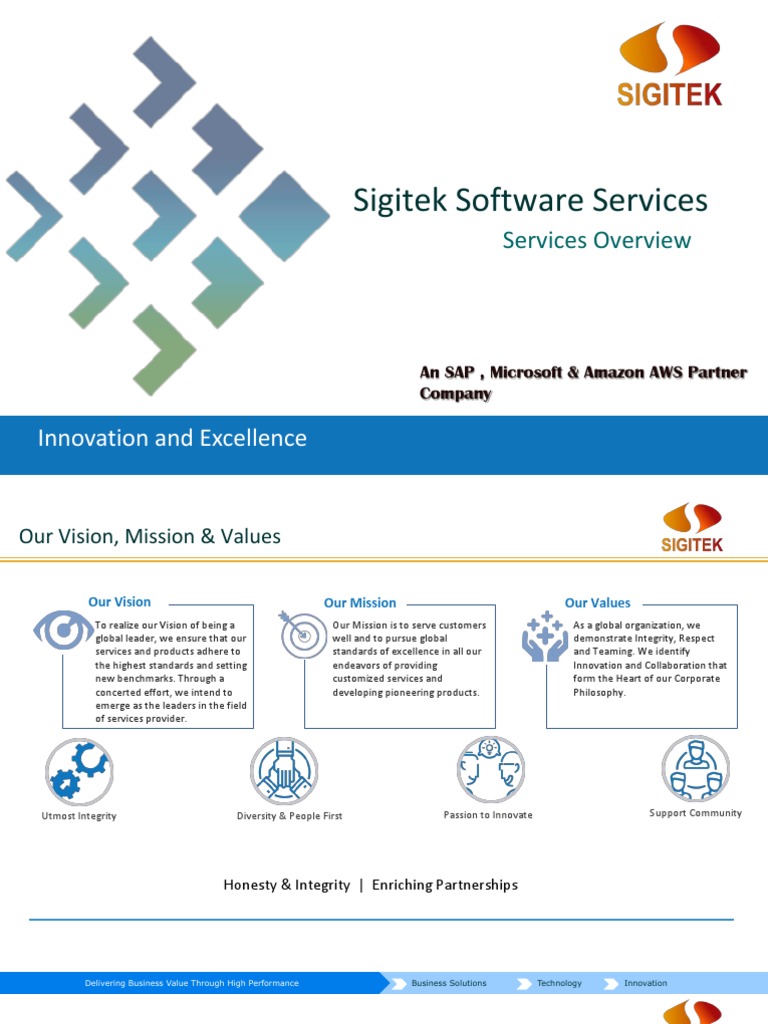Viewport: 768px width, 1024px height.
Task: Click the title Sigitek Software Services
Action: [x=530, y=200]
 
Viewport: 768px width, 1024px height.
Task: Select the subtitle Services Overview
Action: [x=596, y=240]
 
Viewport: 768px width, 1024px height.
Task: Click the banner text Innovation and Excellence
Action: [x=172, y=438]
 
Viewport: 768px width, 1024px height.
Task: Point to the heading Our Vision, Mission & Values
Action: [x=150, y=537]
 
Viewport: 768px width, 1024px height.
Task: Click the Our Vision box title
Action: [x=119, y=602]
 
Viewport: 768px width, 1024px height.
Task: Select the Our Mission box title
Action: [x=360, y=603]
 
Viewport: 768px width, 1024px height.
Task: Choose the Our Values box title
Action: [x=598, y=603]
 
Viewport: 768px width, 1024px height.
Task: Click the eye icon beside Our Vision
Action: [x=63, y=630]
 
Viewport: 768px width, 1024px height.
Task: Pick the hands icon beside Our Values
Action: [x=545, y=635]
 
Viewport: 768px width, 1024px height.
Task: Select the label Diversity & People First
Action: [x=289, y=816]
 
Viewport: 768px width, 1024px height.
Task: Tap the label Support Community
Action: [x=695, y=813]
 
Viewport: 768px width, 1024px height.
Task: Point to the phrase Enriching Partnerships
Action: [x=445, y=885]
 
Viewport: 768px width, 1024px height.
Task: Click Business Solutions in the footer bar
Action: [x=449, y=983]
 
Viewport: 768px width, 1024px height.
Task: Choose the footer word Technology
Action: [x=559, y=983]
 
